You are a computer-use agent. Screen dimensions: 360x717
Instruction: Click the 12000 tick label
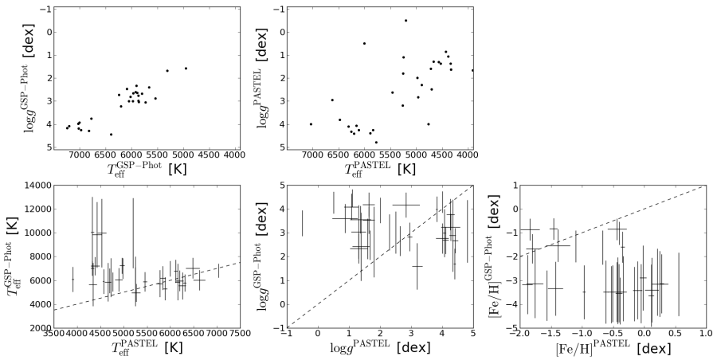(x=37, y=209)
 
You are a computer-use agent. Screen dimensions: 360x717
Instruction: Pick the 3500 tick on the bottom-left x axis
(x=53, y=335)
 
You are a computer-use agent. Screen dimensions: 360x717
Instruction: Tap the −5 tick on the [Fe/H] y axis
(x=508, y=327)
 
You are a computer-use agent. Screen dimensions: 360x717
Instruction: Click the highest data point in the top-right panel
(x=406, y=21)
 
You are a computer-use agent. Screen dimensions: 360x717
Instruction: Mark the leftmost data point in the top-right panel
(x=311, y=123)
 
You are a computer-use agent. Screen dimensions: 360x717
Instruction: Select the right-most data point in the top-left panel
(x=186, y=68)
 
